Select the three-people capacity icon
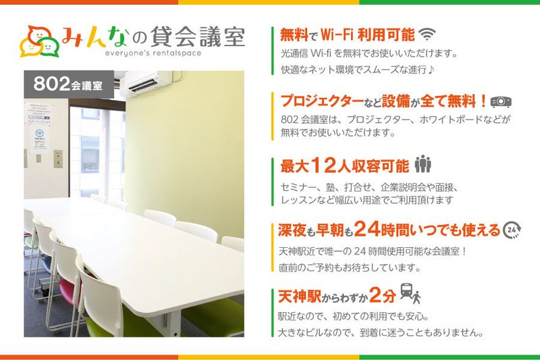tap(423, 164)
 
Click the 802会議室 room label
tap(68, 86)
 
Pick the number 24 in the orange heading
tap(371, 230)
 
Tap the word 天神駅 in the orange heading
tap(300, 295)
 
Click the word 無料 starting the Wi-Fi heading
tap(294, 34)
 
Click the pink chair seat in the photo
tap(62, 290)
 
